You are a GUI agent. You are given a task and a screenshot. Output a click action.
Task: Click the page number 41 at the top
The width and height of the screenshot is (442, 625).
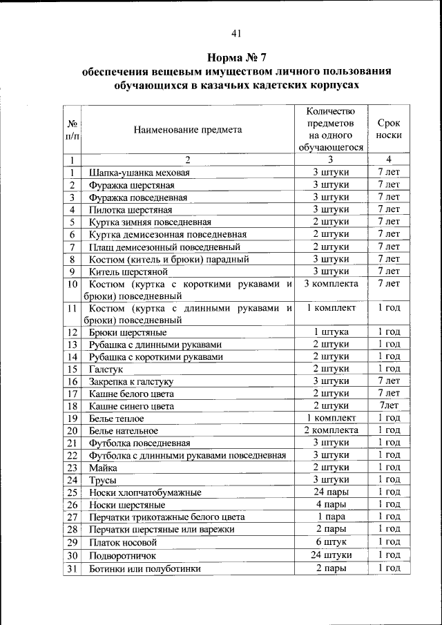[236, 32]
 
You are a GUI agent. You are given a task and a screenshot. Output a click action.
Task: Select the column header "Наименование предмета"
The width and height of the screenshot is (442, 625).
[188, 129]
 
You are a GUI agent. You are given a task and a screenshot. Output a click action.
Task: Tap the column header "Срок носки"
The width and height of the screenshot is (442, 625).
[389, 129]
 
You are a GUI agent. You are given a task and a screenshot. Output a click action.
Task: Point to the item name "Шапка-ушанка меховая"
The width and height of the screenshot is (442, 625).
[139, 173]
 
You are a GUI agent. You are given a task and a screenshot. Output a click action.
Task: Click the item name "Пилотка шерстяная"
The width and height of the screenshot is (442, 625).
[130, 210]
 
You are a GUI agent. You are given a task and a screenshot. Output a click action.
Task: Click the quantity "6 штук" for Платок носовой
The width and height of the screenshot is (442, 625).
[331, 542]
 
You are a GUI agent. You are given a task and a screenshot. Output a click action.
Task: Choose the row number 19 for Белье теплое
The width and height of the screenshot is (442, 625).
[72, 419]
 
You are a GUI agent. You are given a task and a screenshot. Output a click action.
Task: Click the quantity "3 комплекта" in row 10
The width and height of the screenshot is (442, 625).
[331, 285]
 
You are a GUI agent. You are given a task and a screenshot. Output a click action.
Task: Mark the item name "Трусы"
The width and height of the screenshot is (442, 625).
[102, 480]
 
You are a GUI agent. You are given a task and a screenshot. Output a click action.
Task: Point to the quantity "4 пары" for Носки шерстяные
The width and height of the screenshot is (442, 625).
[331, 505]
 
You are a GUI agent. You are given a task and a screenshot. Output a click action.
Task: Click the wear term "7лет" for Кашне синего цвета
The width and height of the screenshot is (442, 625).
[389, 406]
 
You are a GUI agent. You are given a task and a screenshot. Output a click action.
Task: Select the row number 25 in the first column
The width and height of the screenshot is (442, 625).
[72, 492]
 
